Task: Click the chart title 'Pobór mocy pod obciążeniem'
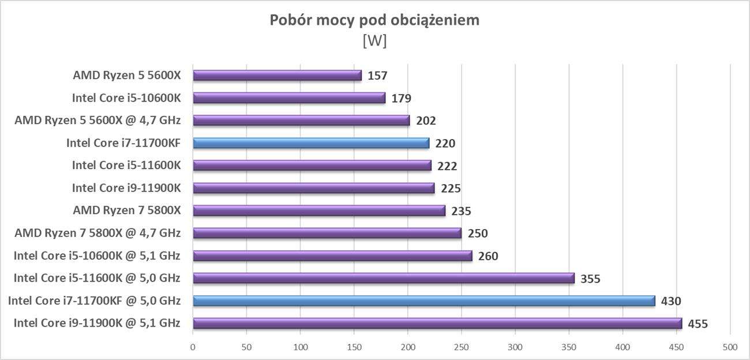click(x=375, y=21)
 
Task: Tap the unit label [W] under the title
click(x=374, y=42)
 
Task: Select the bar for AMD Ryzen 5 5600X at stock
click(x=277, y=76)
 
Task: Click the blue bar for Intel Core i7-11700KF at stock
click(x=311, y=143)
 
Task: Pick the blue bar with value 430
click(x=423, y=301)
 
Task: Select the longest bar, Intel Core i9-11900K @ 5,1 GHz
click(x=437, y=323)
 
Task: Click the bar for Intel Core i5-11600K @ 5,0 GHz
click(x=384, y=278)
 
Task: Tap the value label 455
click(x=697, y=324)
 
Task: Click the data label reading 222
click(x=447, y=166)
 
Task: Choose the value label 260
click(x=487, y=256)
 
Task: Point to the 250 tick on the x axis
click(x=462, y=347)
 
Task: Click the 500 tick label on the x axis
click(x=730, y=347)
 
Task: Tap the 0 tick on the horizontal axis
click(x=193, y=347)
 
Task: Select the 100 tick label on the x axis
click(x=300, y=347)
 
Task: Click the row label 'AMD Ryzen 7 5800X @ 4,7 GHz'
click(x=97, y=233)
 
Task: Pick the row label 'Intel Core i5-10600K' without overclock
click(x=126, y=98)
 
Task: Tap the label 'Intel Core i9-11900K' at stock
click(x=126, y=188)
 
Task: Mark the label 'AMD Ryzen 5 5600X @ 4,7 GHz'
click(x=97, y=121)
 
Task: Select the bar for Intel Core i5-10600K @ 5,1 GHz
click(x=332, y=256)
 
